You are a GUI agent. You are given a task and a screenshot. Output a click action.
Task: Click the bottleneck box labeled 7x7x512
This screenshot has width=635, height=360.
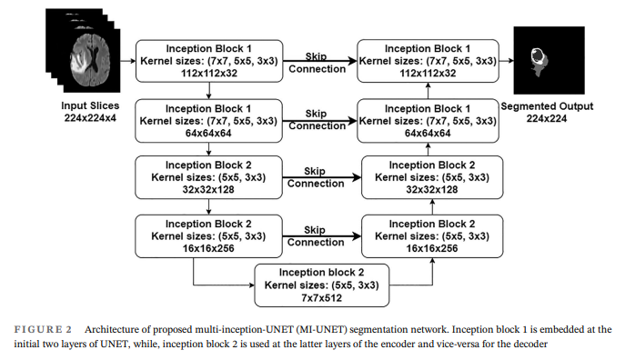click(x=321, y=285)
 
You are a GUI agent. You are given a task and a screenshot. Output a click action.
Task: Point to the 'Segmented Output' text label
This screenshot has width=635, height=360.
click(x=547, y=106)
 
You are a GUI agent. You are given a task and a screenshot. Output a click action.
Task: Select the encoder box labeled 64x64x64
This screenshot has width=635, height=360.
click(x=209, y=120)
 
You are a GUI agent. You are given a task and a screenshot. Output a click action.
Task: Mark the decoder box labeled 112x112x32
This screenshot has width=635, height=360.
click(x=428, y=60)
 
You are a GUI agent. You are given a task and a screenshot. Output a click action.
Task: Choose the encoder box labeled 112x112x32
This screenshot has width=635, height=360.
click(x=209, y=60)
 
